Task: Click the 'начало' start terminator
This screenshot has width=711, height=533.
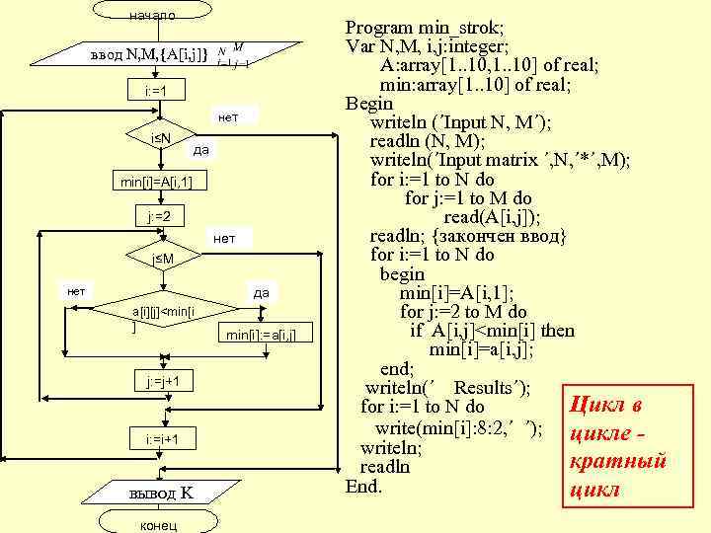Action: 153,15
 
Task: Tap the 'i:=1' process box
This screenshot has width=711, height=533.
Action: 153,92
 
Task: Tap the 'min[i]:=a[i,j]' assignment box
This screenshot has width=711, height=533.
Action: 261,335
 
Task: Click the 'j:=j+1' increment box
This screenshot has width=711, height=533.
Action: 163,381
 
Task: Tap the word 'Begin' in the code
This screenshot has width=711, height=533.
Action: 368,104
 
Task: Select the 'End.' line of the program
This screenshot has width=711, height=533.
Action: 362,487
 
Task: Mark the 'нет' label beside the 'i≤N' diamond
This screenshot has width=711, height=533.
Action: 227,118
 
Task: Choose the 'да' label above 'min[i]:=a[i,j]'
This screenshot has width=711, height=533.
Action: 262,292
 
